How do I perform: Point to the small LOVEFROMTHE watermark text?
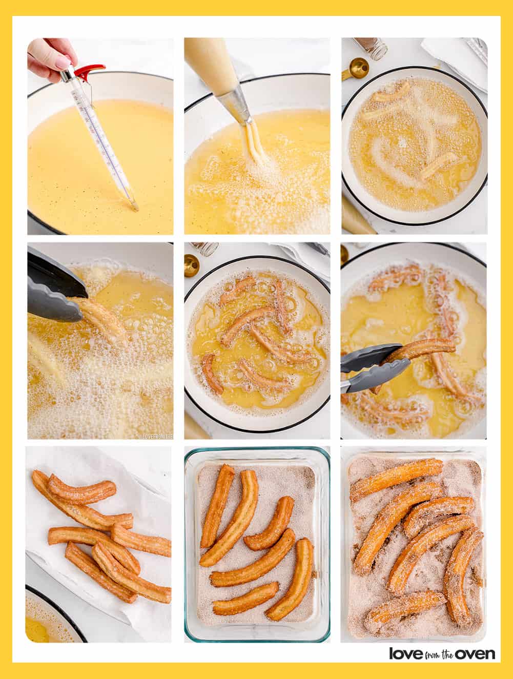click(x=157, y=437)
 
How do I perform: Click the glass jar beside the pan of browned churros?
click(x=204, y=249)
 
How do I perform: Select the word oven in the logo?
click(x=476, y=654)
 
